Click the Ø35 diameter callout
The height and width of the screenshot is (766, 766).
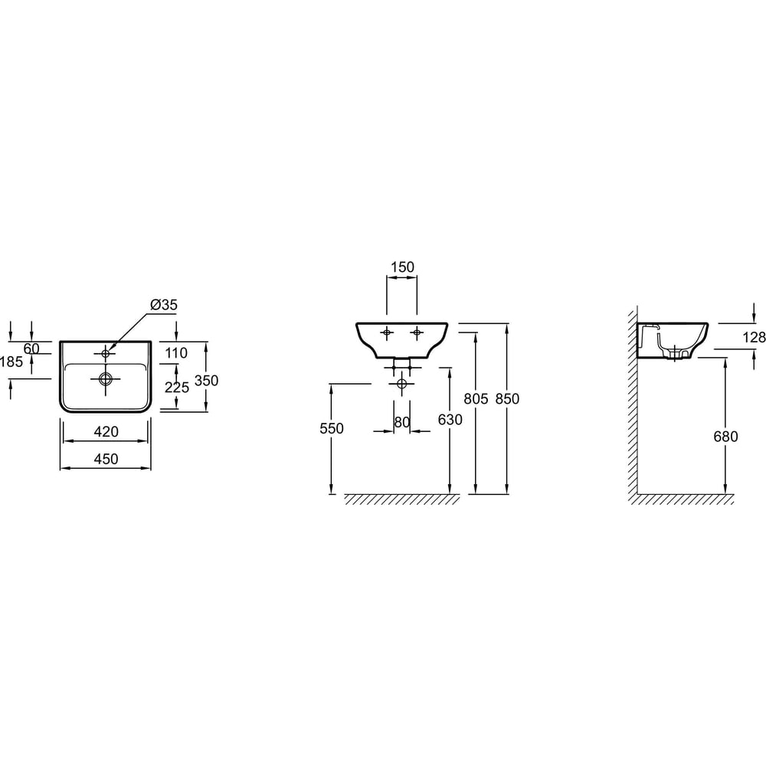pos(164,305)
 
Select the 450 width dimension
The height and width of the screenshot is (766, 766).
pos(106,459)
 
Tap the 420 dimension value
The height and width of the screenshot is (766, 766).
pos(106,431)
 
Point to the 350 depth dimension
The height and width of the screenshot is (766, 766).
pos(207,380)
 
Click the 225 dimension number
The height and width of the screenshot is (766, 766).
pos(177,388)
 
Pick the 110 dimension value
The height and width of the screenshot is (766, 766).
pos(176,352)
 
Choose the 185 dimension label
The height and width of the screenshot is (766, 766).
pos(11,362)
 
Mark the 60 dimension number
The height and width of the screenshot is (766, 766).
pos(31,349)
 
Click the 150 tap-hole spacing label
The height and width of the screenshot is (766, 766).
pos(403,267)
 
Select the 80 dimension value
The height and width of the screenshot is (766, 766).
pos(402,422)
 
